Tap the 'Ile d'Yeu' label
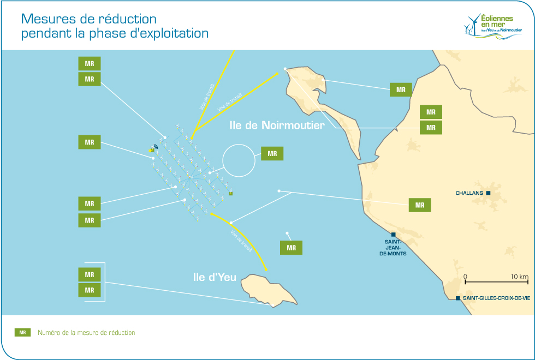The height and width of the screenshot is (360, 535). click(215, 277)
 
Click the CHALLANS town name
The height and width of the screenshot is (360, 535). click(470, 193)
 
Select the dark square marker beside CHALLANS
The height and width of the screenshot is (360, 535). click(489, 193)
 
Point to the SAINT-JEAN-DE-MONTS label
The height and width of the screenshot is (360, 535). click(393, 247)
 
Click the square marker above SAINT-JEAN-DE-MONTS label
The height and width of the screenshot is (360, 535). click(393, 235)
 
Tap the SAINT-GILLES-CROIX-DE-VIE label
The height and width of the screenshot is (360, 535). click(496, 298)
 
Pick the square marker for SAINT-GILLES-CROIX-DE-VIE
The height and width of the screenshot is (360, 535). click(457, 298)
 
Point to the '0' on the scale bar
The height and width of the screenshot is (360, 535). click(465, 277)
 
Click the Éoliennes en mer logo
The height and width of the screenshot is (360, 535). click(490, 26)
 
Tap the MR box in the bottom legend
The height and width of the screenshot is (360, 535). click(22, 332)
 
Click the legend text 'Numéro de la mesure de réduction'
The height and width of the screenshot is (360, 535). click(86, 332)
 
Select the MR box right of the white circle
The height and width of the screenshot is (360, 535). click(272, 153)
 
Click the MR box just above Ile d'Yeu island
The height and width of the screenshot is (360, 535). click(291, 248)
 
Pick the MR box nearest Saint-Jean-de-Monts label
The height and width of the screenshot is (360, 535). click(420, 205)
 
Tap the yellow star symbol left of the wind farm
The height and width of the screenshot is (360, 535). click(152, 149)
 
